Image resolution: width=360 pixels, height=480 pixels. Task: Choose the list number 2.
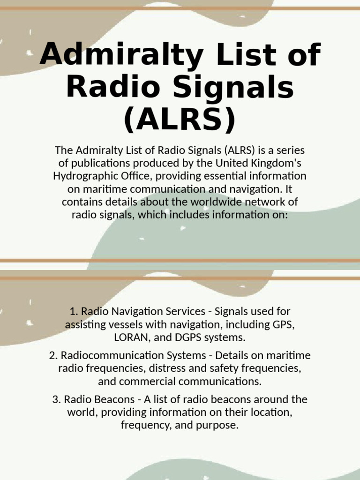click(x=52, y=355)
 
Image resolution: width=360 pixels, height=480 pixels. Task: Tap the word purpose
click(x=219, y=426)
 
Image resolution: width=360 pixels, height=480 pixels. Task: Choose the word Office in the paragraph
click(x=135, y=176)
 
